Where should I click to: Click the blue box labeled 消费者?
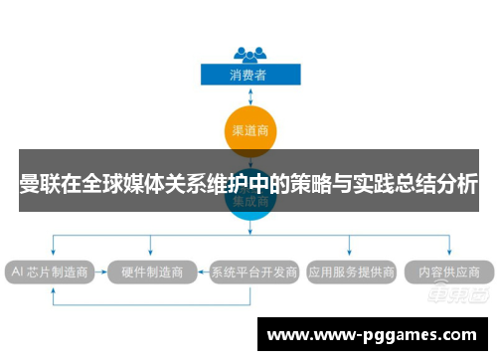(248, 74)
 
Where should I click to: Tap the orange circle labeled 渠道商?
(248, 129)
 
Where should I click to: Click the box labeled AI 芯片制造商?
(49, 270)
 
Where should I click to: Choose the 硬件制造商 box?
(151, 270)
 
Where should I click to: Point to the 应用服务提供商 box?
(351, 270)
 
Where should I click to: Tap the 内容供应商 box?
(449, 270)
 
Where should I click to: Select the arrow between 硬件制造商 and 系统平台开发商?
(201, 270)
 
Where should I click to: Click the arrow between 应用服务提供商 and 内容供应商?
(402, 270)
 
